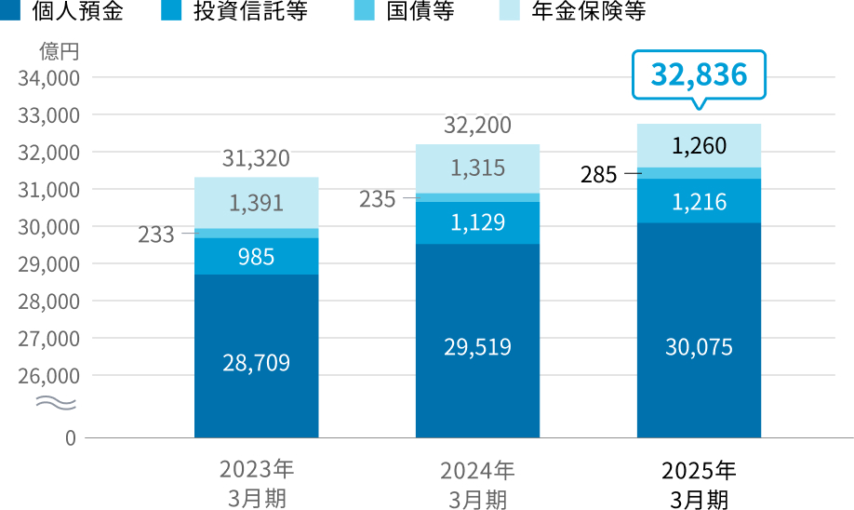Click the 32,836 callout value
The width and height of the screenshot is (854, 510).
point(700,74)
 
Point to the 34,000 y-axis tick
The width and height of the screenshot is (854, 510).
point(48,78)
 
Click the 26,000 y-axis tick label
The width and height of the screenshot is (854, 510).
point(48,376)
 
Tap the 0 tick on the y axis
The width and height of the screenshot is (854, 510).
point(71,437)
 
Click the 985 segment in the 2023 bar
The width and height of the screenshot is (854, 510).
point(256,256)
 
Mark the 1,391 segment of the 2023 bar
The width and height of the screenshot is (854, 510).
point(256,203)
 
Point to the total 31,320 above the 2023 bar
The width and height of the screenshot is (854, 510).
point(256,159)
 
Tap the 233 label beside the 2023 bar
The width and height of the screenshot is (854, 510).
point(155,235)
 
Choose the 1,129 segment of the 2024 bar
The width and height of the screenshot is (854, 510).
point(477,222)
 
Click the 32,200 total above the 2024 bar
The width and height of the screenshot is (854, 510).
point(477,126)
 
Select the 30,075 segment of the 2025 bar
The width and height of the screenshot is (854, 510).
point(699,347)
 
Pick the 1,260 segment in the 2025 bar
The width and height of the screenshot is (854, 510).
point(699,146)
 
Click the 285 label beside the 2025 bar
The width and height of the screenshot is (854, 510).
point(598,174)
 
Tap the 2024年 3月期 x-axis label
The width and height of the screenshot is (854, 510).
point(477,484)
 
